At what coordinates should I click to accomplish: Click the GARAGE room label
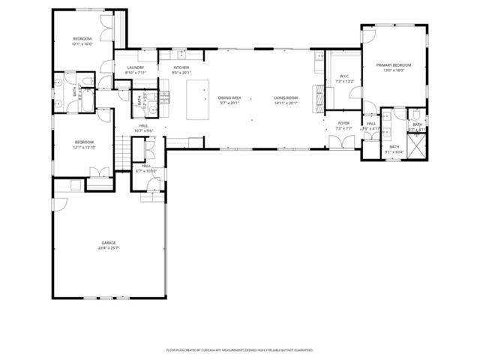click(109, 243)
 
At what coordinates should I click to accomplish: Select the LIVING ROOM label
click(286, 97)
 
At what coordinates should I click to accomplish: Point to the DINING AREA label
click(229, 97)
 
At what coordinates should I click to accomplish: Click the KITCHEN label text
click(181, 67)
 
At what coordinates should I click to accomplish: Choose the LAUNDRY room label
click(135, 67)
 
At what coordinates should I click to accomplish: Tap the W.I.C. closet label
click(344, 75)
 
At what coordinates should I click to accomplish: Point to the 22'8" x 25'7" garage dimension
click(109, 248)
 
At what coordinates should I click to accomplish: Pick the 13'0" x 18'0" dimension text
click(394, 70)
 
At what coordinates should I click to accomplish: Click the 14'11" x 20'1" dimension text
click(286, 103)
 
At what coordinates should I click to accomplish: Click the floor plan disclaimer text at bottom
click(239, 349)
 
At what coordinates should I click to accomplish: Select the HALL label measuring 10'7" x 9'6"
click(145, 128)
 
